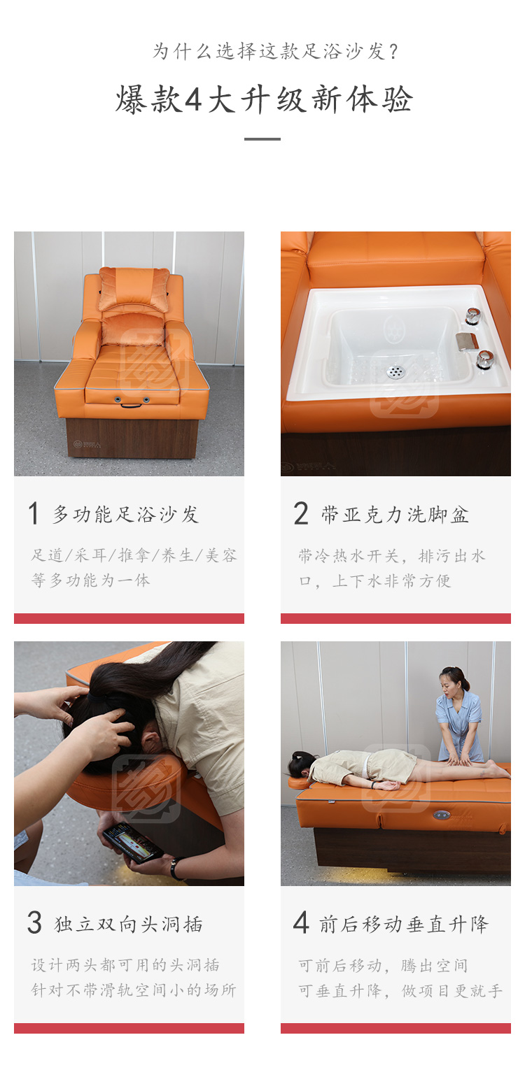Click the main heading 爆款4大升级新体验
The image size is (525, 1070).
pyautogui.click(x=263, y=100)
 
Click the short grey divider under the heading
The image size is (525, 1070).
pyautogui.click(x=262, y=139)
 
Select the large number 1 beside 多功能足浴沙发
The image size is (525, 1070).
pyautogui.click(x=34, y=513)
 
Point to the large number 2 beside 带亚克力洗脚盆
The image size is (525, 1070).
pyautogui.click(x=301, y=513)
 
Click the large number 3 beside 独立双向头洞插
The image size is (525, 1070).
pyautogui.click(x=35, y=922)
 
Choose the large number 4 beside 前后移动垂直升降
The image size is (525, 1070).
pyautogui.click(x=301, y=922)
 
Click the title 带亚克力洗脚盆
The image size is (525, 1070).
pyautogui.click(x=395, y=515)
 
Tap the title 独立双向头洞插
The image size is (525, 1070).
pyautogui.click(x=128, y=924)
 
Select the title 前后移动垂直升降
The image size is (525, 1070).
pyautogui.click(x=404, y=924)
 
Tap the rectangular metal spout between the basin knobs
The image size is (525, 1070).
pyautogui.click(x=467, y=341)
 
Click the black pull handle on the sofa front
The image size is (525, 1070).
pyautogui.click(x=131, y=406)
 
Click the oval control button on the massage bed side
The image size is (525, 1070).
pyautogui.click(x=442, y=815)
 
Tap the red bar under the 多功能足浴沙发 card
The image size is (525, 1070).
pyautogui.click(x=129, y=618)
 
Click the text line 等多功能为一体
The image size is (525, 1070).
pyautogui.click(x=91, y=580)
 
